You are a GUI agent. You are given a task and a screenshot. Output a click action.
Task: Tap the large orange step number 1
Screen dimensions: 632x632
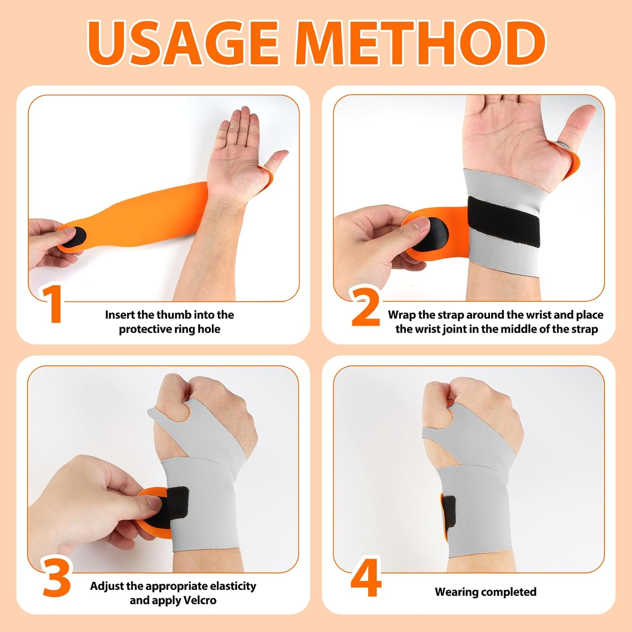click(x=52, y=304)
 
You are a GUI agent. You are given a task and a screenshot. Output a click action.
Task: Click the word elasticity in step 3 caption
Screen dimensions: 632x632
click(x=233, y=586)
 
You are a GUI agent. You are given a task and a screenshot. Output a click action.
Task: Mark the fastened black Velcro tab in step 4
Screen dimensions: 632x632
click(x=448, y=511)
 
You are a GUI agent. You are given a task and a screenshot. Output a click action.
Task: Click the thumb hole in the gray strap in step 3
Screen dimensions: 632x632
click(x=182, y=411)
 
